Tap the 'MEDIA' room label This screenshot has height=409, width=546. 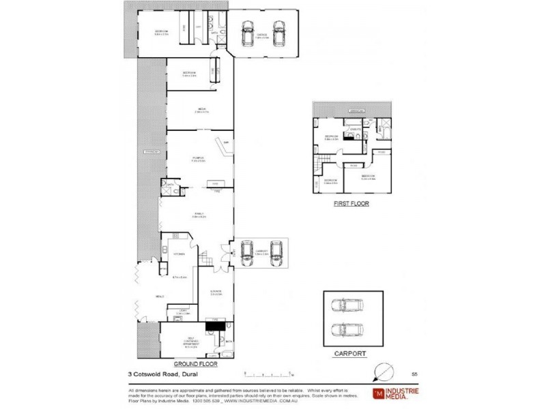[203, 109]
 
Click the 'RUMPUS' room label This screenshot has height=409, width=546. [199, 159]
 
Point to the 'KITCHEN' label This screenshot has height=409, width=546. [179, 254]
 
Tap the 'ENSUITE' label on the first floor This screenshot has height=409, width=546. [355, 129]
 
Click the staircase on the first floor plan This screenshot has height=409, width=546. [321, 163]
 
